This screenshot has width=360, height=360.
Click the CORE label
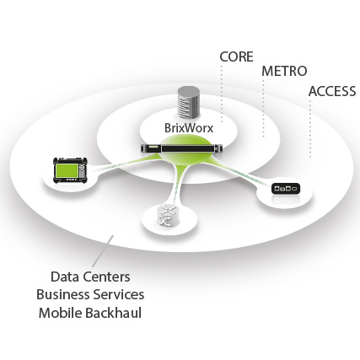pyautogui.click(x=236, y=56)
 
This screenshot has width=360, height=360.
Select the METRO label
pyautogui.click(x=284, y=71)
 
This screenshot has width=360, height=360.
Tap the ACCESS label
pyautogui.click(x=332, y=91)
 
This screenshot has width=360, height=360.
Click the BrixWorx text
pyautogui.click(x=189, y=128)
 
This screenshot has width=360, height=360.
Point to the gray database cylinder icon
pyautogui.click(x=189, y=102)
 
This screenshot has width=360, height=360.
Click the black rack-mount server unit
pyautogui.click(x=182, y=148)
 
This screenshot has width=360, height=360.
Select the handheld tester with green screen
pyautogui.click(x=70, y=169)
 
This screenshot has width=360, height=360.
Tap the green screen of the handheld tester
pyautogui.click(x=67, y=170)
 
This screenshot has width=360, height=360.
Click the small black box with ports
pyautogui.click(x=286, y=188)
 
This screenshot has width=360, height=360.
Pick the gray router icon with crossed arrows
pyautogui.click(x=167, y=216)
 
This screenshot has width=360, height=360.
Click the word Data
pyautogui.click(x=65, y=277)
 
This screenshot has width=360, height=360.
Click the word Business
pyautogui.click(x=62, y=294)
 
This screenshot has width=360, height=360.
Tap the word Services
pyautogui.click(x=119, y=294)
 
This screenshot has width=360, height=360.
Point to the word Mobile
pyautogui.click(x=60, y=313)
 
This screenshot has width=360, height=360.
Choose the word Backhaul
pyautogui.click(x=113, y=313)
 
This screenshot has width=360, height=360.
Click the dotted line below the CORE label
pyautogui.click(x=222, y=94)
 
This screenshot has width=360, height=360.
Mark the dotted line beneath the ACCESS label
pyautogui.click(x=310, y=128)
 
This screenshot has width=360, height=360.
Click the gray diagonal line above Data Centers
pyautogui.click(x=103, y=250)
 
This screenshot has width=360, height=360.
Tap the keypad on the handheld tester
pyautogui.click(x=82, y=171)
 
